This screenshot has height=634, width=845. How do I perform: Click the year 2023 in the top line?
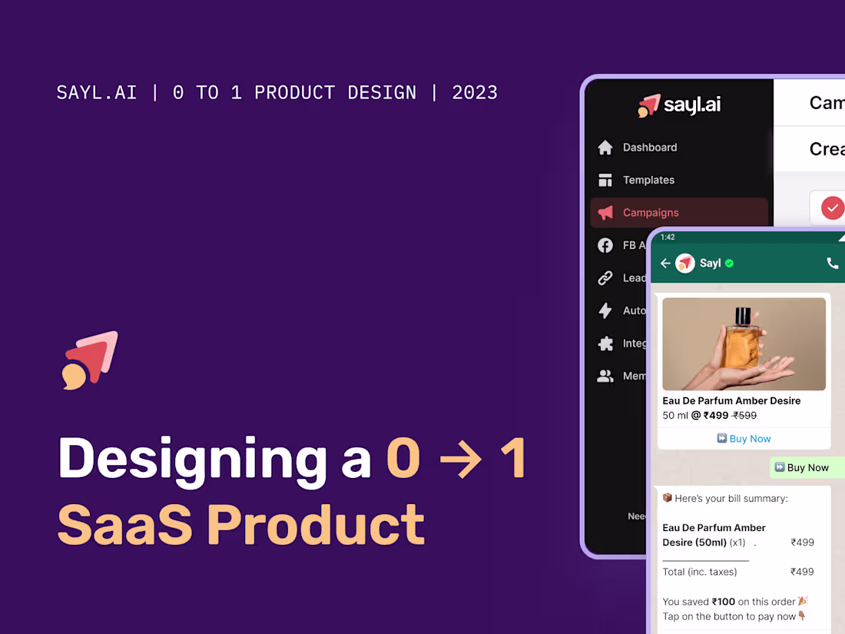[x=475, y=93]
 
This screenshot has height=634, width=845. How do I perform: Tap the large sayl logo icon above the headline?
[x=91, y=360]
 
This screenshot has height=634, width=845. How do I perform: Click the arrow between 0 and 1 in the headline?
[x=460, y=460]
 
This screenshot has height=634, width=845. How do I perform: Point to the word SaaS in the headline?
[x=124, y=524]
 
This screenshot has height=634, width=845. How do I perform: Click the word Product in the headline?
[x=316, y=524]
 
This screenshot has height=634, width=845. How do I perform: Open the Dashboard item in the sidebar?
[x=650, y=148]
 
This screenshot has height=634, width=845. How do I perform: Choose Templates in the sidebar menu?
[x=648, y=180]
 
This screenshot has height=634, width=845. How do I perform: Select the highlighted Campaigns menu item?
[x=651, y=213]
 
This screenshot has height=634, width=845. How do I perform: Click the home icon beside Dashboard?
[x=605, y=148]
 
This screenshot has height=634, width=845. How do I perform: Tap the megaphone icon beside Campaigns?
[x=605, y=213]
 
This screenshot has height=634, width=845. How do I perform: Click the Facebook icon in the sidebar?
[x=605, y=245]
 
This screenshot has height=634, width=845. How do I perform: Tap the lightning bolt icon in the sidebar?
[x=605, y=310]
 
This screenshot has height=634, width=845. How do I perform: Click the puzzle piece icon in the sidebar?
[x=605, y=344]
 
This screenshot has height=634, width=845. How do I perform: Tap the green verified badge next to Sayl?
[x=729, y=264]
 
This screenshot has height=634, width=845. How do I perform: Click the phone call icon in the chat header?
[x=832, y=264]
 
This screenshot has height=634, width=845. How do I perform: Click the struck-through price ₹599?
[x=744, y=416]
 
